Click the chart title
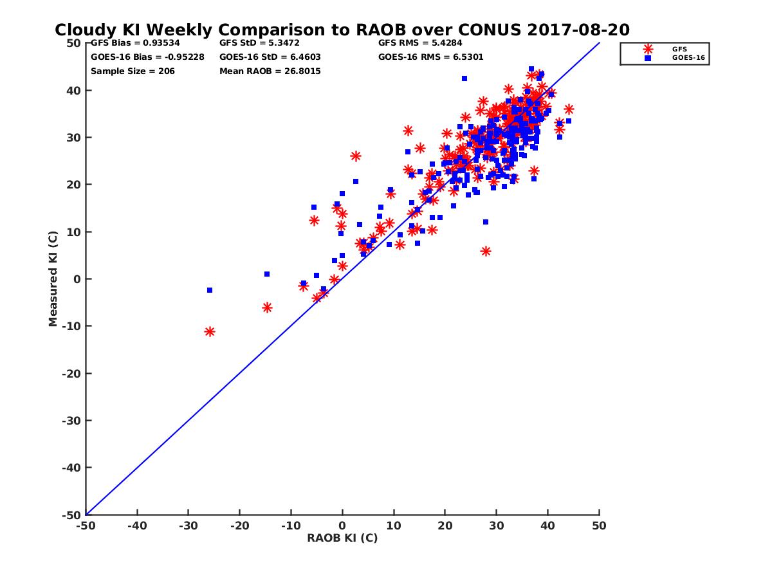tap(342, 30)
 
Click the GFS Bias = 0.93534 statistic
tap(135, 43)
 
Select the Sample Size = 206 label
tap(133, 71)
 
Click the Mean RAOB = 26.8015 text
tap(270, 71)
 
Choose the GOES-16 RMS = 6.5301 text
tap(430, 57)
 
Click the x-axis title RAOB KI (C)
tap(342, 538)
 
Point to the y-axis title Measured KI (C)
tap(53, 279)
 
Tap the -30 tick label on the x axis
tap(188, 526)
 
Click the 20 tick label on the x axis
tap(445, 526)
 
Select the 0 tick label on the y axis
tap(77, 279)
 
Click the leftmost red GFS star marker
tap(210, 331)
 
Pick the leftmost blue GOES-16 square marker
tap(210, 290)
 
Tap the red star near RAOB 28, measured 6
tap(486, 251)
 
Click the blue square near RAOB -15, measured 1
tap(267, 274)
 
